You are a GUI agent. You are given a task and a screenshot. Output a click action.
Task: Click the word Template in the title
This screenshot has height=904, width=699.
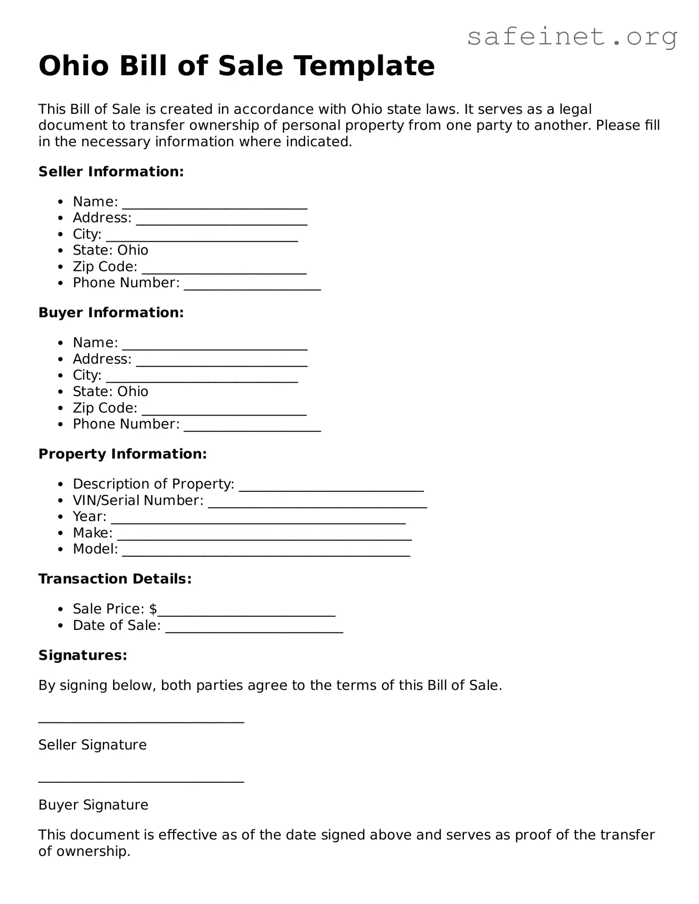(x=364, y=66)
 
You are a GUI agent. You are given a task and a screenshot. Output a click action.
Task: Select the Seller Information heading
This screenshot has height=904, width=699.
(x=111, y=172)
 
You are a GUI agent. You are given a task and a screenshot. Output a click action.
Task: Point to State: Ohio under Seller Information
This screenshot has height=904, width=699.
(x=111, y=250)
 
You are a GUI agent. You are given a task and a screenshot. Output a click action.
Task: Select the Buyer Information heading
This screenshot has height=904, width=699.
(x=111, y=313)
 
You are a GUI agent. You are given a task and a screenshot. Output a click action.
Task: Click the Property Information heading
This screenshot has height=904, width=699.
(x=122, y=454)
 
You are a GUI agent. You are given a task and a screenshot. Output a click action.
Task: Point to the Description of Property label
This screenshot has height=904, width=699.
(x=153, y=484)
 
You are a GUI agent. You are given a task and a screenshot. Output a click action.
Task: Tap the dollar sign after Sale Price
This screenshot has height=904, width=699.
(x=153, y=609)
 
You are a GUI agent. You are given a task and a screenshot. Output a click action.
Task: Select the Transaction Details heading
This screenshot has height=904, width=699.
(x=115, y=579)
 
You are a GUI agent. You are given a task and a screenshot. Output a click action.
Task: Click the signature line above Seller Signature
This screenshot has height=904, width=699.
(x=141, y=721)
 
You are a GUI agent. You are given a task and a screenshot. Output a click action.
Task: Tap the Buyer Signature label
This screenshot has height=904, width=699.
(x=93, y=805)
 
